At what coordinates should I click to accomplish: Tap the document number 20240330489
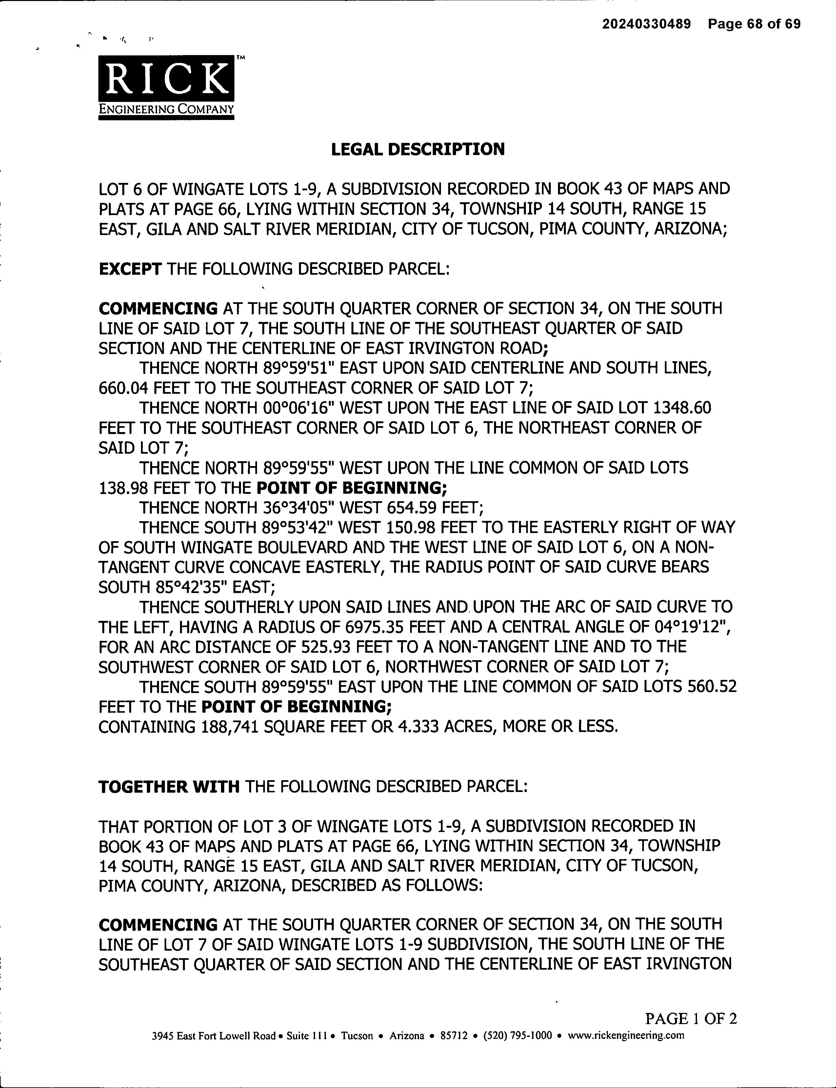[647, 24]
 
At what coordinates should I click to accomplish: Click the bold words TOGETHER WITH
[169, 787]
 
